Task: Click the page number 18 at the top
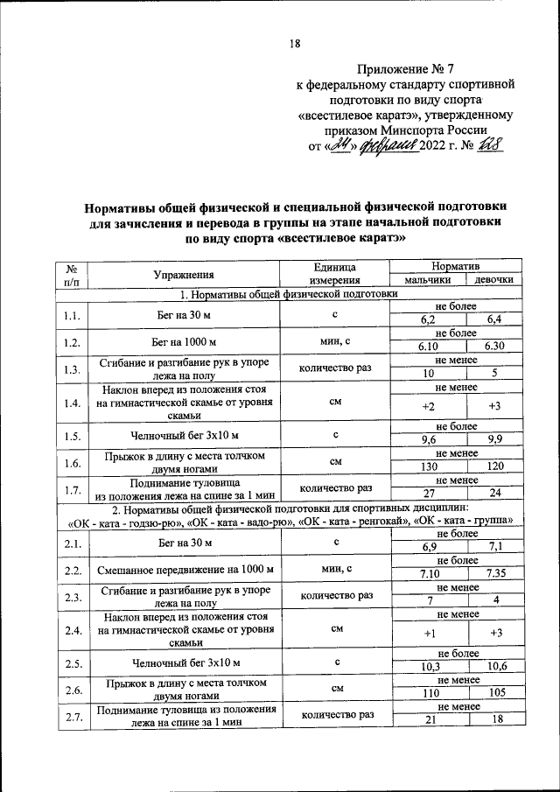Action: (x=295, y=45)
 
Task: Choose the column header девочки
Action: (x=494, y=280)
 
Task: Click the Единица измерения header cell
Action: (x=336, y=273)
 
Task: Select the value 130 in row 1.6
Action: (x=427, y=466)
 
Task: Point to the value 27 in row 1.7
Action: (x=427, y=494)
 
